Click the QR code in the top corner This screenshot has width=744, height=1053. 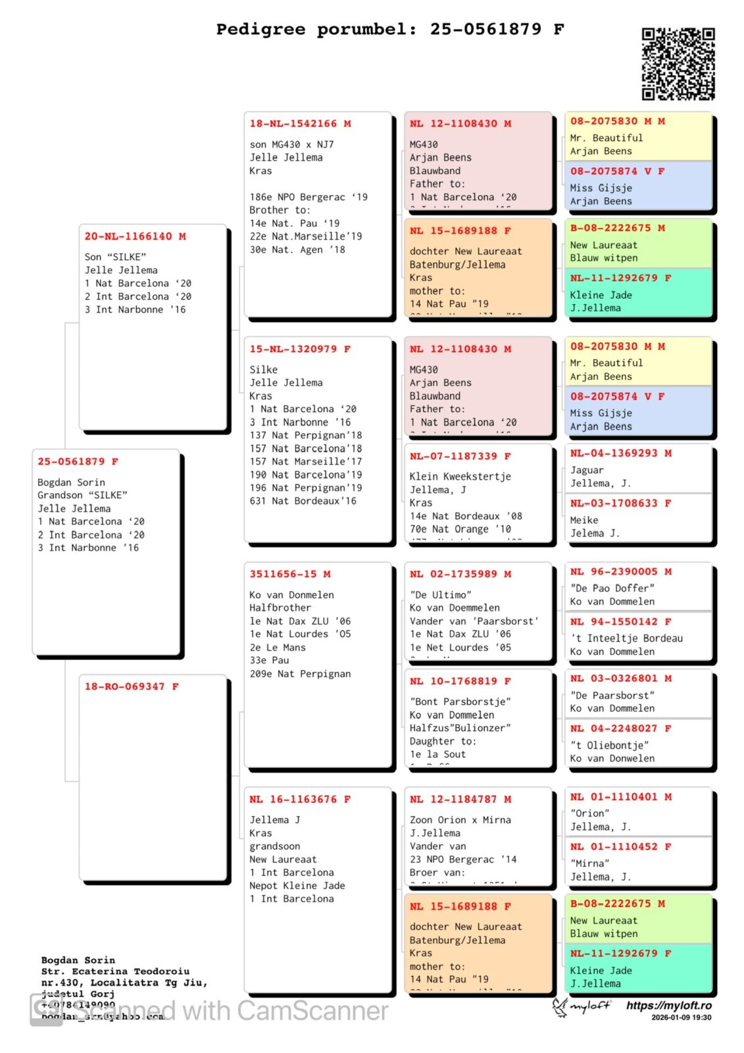[678, 64]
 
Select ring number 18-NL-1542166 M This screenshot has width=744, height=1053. [300, 124]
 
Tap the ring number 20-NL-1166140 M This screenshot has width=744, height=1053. [135, 236]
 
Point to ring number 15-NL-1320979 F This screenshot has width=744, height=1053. [300, 349]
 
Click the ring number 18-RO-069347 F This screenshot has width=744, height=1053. [132, 686]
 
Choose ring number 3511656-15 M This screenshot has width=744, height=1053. [290, 574]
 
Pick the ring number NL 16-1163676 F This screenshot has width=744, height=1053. [300, 799]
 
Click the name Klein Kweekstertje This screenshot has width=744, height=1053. [460, 476]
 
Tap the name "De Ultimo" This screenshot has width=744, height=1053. [440, 595]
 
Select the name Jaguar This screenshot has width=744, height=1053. [587, 470]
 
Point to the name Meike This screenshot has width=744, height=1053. [584, 520]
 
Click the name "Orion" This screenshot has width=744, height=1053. [589, 813]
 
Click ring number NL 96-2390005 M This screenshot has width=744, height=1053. [621, 571]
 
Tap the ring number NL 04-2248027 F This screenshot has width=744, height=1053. [621, 728]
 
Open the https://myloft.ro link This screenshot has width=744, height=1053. [668, 1006]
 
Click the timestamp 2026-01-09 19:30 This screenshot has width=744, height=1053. [682, 1017]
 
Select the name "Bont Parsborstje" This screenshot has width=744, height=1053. [460, 702]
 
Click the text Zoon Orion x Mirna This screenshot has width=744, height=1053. [460, 820]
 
